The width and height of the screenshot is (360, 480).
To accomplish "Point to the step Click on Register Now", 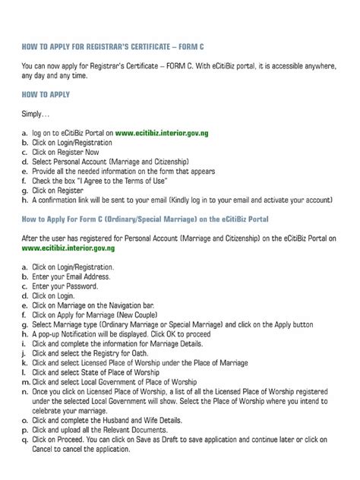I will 68,152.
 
